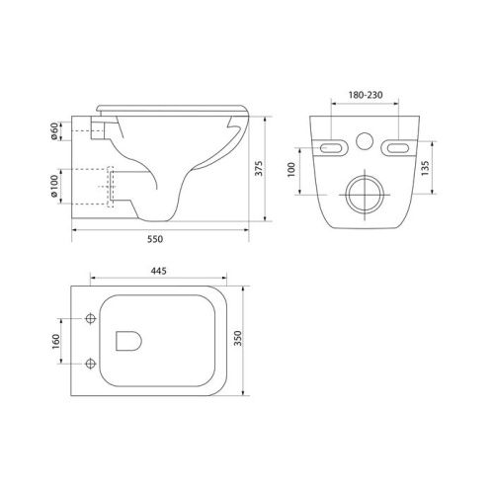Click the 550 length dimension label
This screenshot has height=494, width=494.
click(x=155, y=239)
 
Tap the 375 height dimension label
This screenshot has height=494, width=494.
click(x=259, y=168)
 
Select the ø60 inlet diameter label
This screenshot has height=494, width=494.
click(x=54, y=130)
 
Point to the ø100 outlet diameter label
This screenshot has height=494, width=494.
click(x=54, y=186)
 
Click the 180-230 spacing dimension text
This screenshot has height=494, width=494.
click(x=366, y=95)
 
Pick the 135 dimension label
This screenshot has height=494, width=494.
click(x=425, y=168)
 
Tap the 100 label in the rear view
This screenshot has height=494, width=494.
click(x=291, y=170)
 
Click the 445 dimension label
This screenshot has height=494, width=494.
click(x=159, y=271)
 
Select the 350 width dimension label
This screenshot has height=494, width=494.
click(x=237, y=338)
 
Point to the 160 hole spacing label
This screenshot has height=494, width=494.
click(x=55, y=341)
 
